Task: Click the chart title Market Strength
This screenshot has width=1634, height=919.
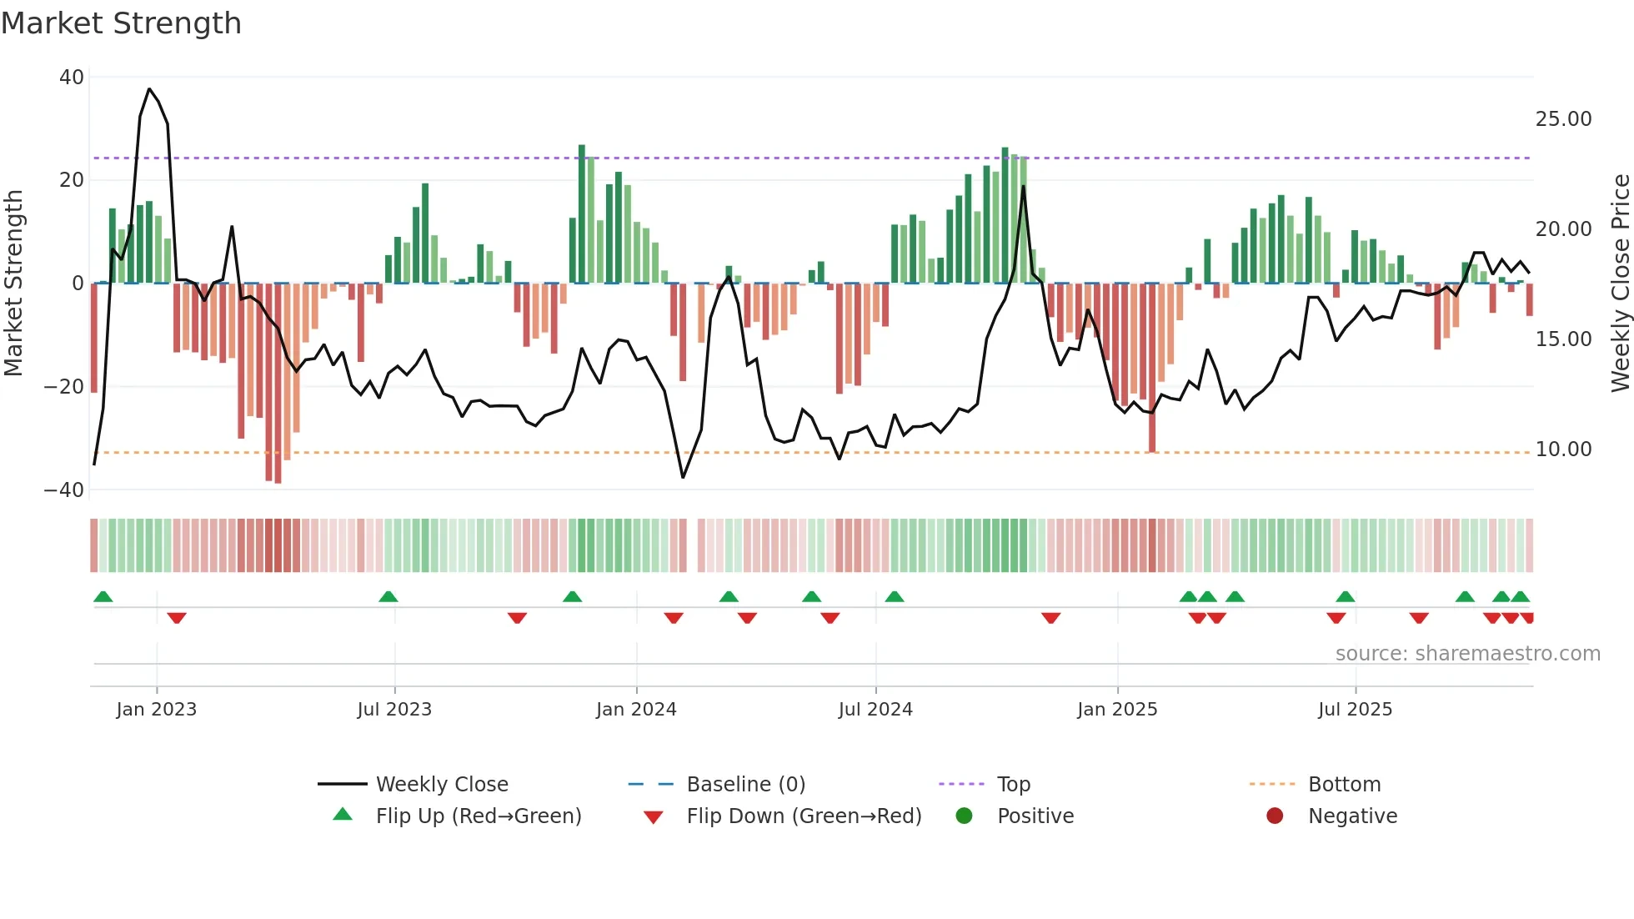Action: pos(121,23)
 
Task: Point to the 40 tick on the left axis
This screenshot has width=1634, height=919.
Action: pos(72,78)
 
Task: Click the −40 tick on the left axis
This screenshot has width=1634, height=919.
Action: pos(64,490)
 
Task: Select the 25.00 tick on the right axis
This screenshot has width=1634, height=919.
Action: pos(1563,119)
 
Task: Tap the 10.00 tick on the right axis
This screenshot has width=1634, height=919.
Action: pos(1563,449)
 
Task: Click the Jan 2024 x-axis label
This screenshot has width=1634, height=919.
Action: pos(636,710)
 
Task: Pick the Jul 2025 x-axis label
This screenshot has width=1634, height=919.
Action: pos(1355,710)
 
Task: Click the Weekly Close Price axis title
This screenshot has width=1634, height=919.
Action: pos(1620,284)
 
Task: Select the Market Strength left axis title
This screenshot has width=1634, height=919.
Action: pos(13,284)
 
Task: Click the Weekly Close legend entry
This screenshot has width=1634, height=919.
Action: pos(441,785)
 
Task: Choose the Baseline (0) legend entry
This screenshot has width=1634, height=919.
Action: pos(745,785)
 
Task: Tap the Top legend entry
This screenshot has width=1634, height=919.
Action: pos(1013,785)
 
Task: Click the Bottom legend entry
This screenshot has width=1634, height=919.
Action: pos(1344,785)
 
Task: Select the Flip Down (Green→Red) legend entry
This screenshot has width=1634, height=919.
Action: pos(803,816)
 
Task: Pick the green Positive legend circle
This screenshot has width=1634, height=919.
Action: pos(965,816)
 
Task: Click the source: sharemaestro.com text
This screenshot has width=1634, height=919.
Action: pos(1467,654)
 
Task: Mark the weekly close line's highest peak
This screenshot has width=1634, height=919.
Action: pos(149,89)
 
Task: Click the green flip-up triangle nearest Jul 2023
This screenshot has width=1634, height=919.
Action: pos(388,596)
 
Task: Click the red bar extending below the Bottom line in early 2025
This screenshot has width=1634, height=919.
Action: pos(1152,434)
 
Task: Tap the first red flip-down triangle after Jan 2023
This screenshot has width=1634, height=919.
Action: pos(177,618)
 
